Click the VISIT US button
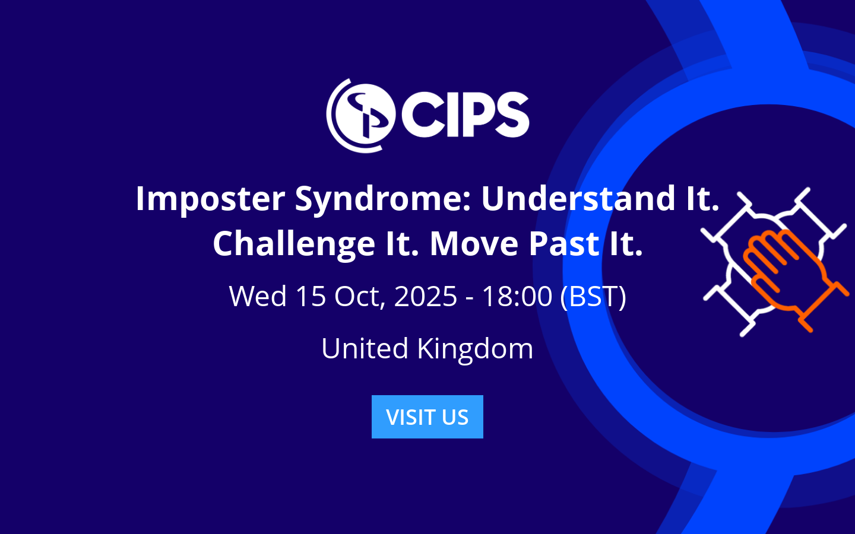427,417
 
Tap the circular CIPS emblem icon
360,115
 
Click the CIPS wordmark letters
465,114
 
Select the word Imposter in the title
210,198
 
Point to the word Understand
578,198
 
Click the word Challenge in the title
294,244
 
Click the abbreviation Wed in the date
258,296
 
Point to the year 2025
425,296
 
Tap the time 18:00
517,296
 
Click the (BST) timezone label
593,296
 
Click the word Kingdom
475,348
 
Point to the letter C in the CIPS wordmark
423,114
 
